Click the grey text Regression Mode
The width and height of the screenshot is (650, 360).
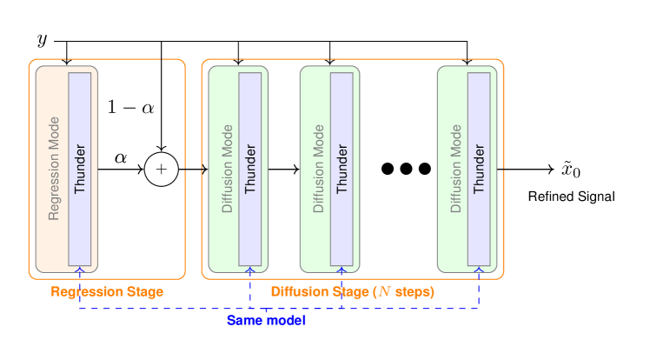coord(54,169)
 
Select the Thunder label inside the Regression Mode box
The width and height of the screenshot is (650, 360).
coord(80,169)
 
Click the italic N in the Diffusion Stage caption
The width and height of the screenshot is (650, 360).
coord(384,292)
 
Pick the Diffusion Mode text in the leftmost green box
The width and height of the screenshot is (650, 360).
coord(228,169)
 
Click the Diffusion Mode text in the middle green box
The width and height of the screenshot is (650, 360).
coord(319,169)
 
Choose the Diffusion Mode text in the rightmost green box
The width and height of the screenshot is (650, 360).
coord(456,169)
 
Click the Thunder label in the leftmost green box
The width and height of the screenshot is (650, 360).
coord(250,169)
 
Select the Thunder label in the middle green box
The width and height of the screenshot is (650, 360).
coord(342,169)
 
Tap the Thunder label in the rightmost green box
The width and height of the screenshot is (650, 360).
coord(479,169)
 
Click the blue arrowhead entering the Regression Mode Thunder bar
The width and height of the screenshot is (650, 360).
coord(80,270)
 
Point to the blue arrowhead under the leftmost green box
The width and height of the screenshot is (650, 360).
coord(250,270)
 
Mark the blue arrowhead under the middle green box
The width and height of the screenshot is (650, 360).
coord(342,270)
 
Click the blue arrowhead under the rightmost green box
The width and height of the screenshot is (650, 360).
coord(479,270)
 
